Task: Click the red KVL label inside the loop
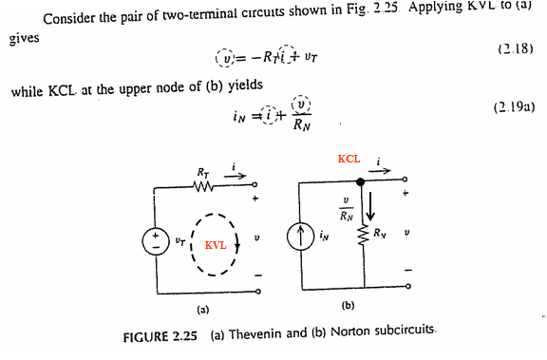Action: pos(216,245)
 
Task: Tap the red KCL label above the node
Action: pos(349,159)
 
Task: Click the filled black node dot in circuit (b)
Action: pos(361,181)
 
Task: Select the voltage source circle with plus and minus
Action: pos(156,241)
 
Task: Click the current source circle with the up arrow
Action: pos(301,237)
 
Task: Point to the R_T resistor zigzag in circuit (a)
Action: pos(203,187)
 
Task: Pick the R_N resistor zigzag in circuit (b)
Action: pos(364,235)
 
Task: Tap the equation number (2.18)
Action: pos(516,48)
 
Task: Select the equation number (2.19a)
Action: pos(514,107)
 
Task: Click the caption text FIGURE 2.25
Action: pos(160,336)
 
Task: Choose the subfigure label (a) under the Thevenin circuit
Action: pos(202,310)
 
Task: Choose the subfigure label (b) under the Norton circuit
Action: pos(348,306)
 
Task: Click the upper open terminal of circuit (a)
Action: pos(255,184)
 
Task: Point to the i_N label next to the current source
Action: pos(324,237)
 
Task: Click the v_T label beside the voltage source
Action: pos(179,240)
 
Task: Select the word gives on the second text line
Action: pos(24,38)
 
